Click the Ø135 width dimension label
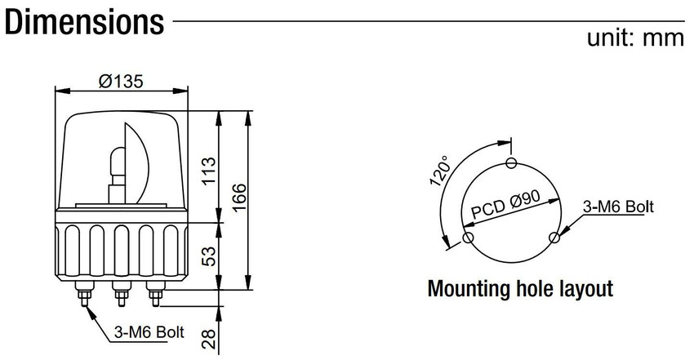click(121, 82)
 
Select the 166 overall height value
click(238, 198)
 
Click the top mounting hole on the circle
click(512, 162)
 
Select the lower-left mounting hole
click(468, 238)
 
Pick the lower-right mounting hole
click(554, 238)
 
